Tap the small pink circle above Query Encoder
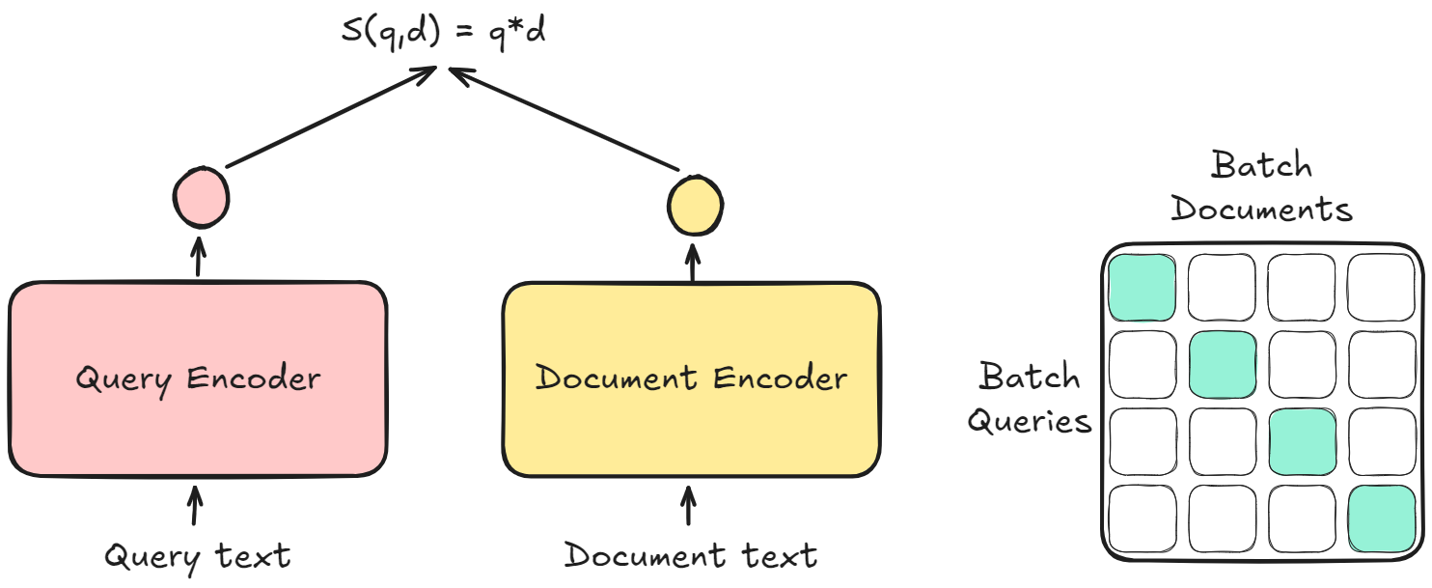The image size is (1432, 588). tap(201, 197)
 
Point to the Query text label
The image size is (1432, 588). tap(197, 556)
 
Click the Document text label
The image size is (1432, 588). tap(691, 556)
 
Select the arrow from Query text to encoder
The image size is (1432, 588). tap(196, 506)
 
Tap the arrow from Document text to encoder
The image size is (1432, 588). tap(688, 506)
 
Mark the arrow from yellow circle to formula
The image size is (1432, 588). tap(569, 121)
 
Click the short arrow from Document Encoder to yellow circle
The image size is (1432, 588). tap(693, 261)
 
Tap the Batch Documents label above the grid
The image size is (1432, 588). tap(1261, 186)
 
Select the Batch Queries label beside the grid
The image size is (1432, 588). tap(1031, 399)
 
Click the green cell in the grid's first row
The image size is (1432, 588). tap(1143, 288)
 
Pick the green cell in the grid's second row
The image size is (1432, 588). tap(1223, 364)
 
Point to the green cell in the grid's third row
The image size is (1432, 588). tap(1303, 441)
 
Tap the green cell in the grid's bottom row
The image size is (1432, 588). tap(1382, 518)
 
